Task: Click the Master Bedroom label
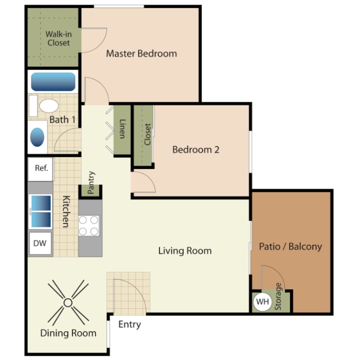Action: [x=141, y=53]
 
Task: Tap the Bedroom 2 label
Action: [x=196, y=150]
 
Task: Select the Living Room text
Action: [x=185, y=251]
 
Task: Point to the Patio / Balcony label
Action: [x=290, y=247]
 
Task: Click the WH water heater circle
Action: [x=262, y=302]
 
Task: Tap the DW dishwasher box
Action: [x=40, y=243]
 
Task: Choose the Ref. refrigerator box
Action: [x=41, y=168]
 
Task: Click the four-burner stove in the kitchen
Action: [x=89, y=225]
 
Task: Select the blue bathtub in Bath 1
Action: [x=53, y=82]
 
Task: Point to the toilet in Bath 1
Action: [x=48, y=105]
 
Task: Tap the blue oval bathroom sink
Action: [x=37, y=137]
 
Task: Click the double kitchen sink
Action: [x=41, y=211]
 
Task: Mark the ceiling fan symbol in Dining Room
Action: [x=68, y=303]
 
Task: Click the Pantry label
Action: [x=92, y=182]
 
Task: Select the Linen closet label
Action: [x=122, y=129]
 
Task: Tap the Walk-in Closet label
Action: [x=58, y=38]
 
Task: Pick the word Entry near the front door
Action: [x=130, y=324]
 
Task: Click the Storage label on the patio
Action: [x=278, y=297]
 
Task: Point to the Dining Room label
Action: [x=68, y=333]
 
